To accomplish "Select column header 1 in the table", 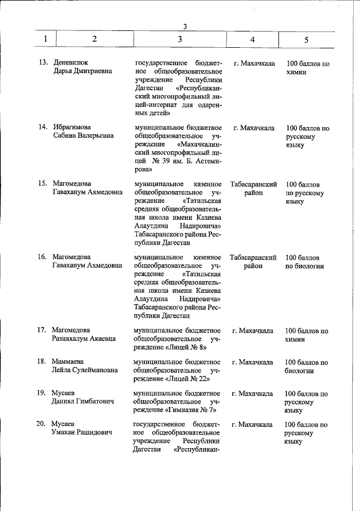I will [45, 39].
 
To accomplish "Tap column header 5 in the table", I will [306, 39].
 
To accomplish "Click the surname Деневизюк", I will [71, 63].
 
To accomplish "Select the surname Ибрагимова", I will [72, 128].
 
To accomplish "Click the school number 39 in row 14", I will [169, 160].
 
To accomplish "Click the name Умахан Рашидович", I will [82, 432].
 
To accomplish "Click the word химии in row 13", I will [297, 73].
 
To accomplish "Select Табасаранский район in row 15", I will [254, 188].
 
